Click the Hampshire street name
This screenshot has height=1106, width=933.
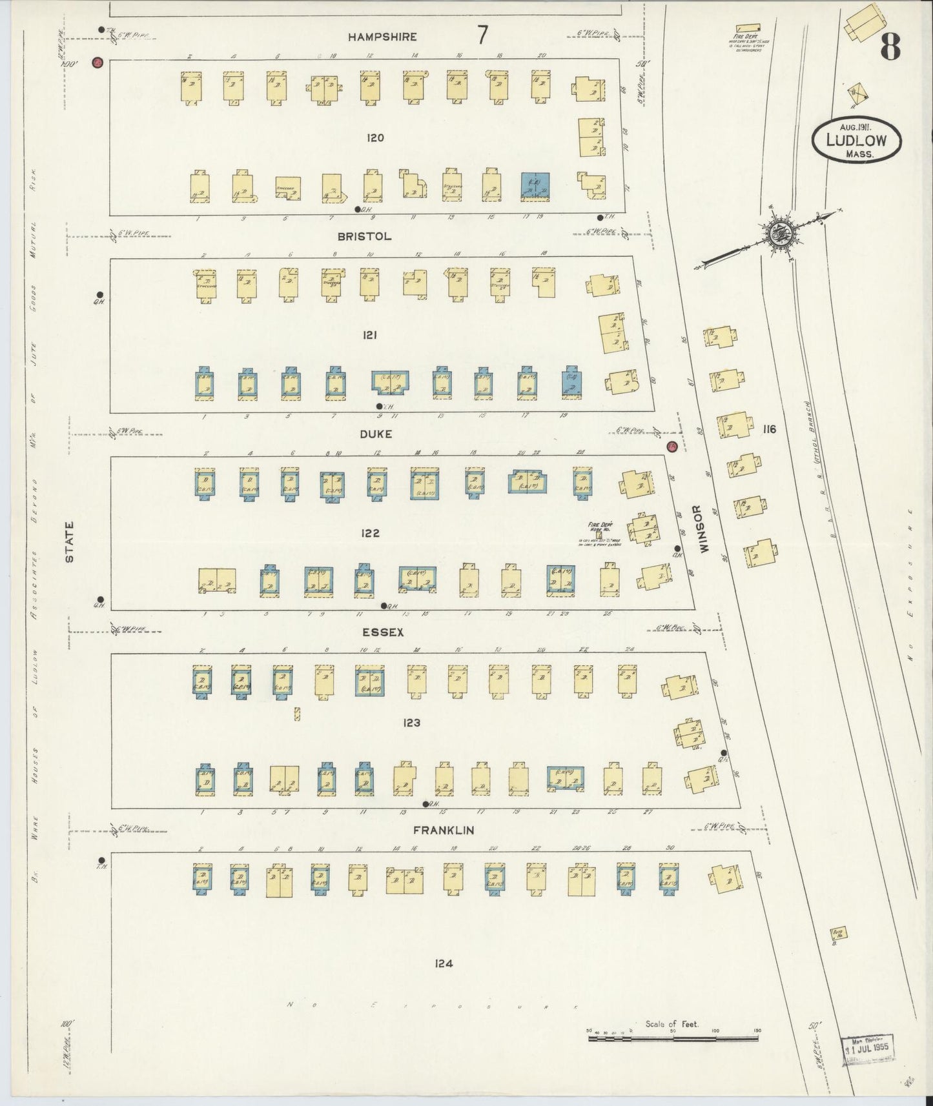tap(382, 37)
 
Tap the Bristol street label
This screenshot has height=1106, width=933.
tap(364, 237)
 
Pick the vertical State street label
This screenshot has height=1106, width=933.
tap(70, 542)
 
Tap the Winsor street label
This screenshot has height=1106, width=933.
tap(704, 528)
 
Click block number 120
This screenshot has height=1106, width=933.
tap(375, 137)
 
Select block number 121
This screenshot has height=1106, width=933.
tap(370, 335)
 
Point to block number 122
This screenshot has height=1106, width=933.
tap(371, 533)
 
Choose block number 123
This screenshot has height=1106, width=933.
tap(411, 723)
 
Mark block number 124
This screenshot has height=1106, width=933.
tap(443, 963)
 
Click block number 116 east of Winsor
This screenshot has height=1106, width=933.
tap(768, 430)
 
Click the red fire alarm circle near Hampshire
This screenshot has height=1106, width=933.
tap(98, 63)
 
